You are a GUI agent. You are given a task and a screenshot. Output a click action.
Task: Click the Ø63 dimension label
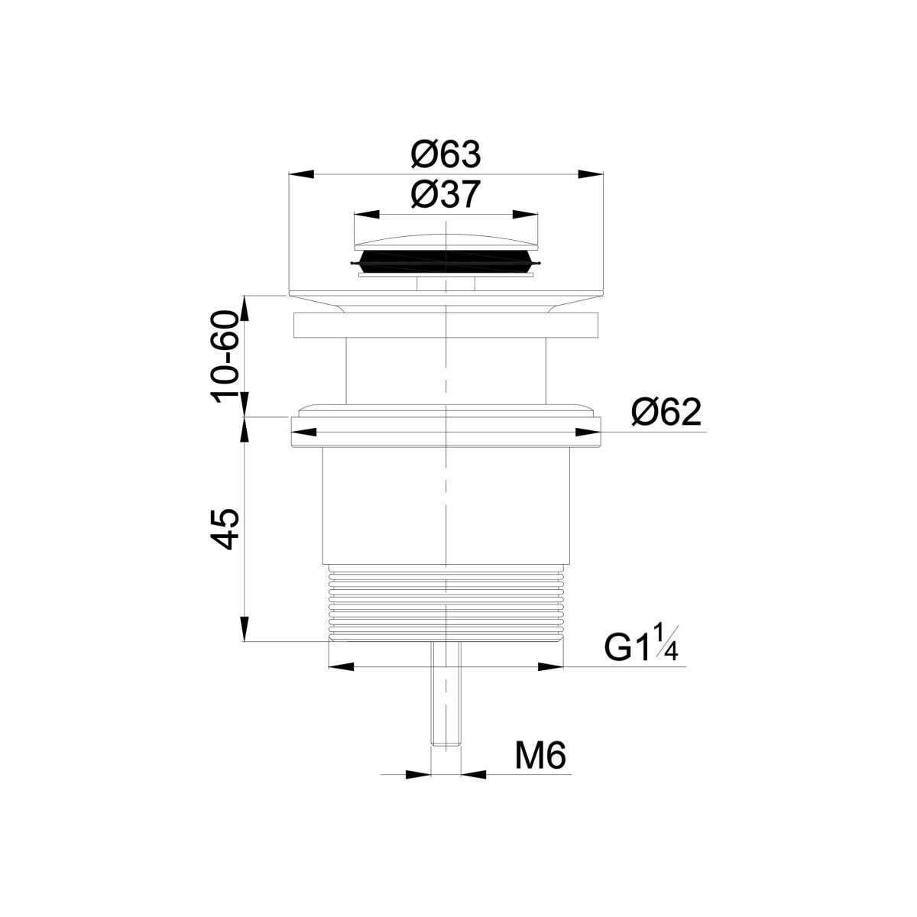click(x=446, y=154)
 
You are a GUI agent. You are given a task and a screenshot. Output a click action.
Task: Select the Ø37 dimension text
click(x=445, y=195)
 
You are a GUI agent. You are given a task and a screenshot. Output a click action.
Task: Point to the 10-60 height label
click(x=225, y=356)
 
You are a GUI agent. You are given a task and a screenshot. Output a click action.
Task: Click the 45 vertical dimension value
click(x=225, y=529)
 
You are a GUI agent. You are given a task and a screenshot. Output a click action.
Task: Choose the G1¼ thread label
click(x=641, y=643)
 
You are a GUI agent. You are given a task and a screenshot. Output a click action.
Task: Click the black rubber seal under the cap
click(x=446, y=263)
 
